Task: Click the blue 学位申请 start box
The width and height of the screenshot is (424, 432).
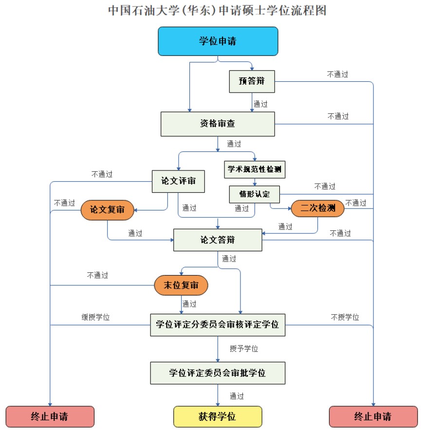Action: click(218, 41)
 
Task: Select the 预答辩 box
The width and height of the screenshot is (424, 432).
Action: click(252, 81)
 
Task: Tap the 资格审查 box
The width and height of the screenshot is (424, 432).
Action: click(218, 124)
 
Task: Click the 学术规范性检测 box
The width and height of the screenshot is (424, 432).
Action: click(254, 170)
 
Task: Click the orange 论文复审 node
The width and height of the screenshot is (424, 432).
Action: click(107, 209)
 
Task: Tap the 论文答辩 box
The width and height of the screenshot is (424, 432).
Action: click(218, 240)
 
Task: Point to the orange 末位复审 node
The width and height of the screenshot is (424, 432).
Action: click(181, 285)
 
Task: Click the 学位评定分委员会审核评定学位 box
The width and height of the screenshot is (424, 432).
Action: click(218, 324)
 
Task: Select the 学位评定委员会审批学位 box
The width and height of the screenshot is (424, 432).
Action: click(218, 373)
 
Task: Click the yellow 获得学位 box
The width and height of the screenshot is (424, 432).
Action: click(218, 417)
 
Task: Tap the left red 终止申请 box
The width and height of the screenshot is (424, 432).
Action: click(49, 417)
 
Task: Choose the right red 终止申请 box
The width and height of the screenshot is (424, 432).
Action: click(373, 417)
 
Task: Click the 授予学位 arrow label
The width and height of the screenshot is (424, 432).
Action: click(244, 349)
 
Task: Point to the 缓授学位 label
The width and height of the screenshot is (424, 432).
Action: click(95, 318)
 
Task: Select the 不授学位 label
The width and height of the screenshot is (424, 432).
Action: click(345, 318)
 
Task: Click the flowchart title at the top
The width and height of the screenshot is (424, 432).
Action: click(217, 10)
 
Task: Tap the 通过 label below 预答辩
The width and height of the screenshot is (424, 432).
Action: click(260, 104)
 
